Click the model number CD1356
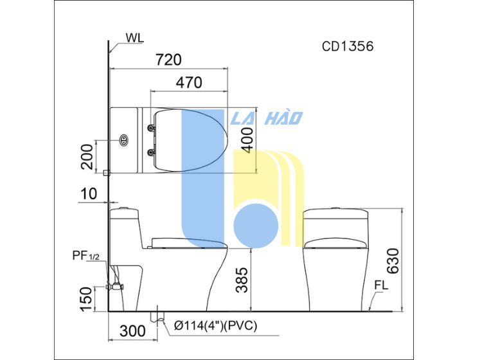click(x=348, y=46)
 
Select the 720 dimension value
click(x=169, y=59)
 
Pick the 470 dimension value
click(x=189, y=82)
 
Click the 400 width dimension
click(x=248, y=140)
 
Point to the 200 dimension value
click(x=87, y=156)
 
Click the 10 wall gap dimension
click(x=89, y=194)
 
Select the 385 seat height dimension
click(x=242, y=280)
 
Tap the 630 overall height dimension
click(x=393, y=261)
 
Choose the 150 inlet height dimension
click(x=85, y=299)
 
